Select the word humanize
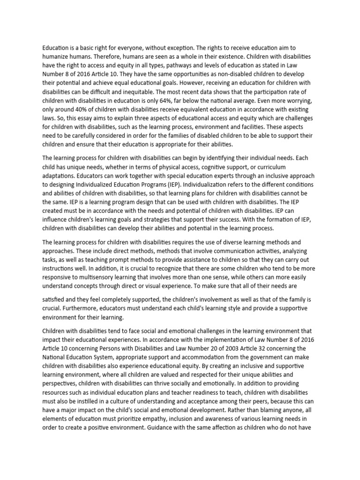point(58,56)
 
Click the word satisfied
point(55,299)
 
